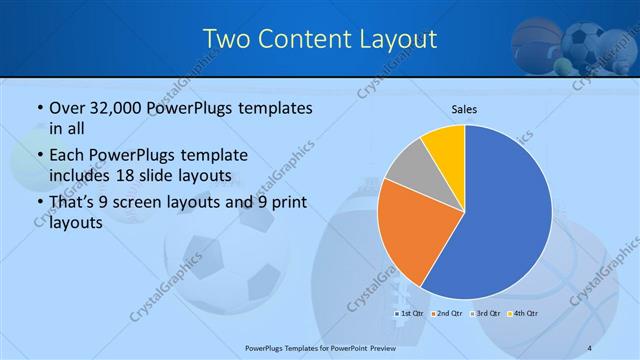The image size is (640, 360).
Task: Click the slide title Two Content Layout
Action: (x=319, y=39)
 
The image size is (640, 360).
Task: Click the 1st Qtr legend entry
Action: (x=408, y=314)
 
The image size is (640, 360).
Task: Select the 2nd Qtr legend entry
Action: (x=445, y=314)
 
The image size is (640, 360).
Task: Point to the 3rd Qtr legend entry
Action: (x=484, y=314)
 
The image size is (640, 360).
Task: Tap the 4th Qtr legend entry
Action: (x=522, y=314)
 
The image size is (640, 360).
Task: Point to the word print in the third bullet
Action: (x=286, y=203)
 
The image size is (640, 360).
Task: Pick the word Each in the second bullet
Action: (x=67, y=156)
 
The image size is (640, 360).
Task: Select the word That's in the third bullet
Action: (x=73, y=203)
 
